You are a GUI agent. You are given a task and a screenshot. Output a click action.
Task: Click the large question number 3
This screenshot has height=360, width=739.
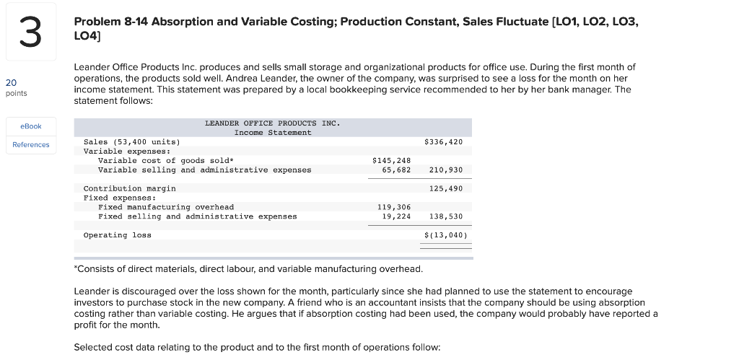coord(30,34)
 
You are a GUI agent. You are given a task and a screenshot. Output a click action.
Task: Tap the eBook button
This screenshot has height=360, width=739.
coord(31,126)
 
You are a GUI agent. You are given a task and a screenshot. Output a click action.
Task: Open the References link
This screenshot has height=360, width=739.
coord(31,145)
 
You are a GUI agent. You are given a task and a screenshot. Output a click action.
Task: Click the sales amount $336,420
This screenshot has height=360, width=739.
coord(443,142)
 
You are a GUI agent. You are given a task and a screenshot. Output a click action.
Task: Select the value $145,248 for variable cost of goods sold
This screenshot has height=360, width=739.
coord(391,161)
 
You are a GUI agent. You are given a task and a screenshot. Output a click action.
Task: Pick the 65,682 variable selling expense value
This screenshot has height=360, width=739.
coord(396,170)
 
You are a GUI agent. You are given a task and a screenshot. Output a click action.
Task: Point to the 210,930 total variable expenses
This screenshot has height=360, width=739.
coord(445,170)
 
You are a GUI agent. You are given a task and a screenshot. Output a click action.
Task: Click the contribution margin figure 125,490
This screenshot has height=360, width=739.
coord(445,188)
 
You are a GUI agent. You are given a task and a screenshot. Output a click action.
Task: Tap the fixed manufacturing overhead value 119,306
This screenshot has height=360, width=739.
coord(394,207)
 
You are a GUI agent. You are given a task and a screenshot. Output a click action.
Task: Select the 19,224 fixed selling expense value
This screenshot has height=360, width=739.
coord(396,216)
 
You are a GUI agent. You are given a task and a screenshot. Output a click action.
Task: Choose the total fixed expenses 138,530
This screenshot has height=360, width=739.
coord(445,216)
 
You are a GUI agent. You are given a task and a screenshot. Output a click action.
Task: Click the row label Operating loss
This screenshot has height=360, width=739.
coord(118,235)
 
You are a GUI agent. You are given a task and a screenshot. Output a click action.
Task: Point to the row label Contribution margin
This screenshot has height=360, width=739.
coord(130,188)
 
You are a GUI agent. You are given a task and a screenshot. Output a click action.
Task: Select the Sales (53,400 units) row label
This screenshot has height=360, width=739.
coord(132,142)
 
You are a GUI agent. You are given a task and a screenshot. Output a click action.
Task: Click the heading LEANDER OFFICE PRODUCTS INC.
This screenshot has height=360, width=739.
coord(272,123)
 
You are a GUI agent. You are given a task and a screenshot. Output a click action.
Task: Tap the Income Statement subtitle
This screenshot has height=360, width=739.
coord(273,133)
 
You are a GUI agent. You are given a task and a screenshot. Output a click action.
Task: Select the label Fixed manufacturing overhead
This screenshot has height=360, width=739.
coord(166,207)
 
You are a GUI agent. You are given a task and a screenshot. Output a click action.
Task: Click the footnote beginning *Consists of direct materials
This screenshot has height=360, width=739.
coord(249,269)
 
